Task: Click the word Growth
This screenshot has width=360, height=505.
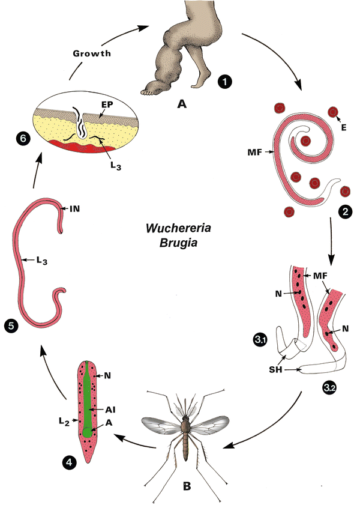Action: pyautogui.click(x=92, y=52)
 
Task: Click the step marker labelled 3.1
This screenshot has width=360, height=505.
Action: pyautogui.click(x=260, y=340)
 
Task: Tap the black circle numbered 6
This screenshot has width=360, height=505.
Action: pyautogui.click(x=23, y=139)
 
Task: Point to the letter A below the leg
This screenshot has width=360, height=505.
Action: pyautogui.click(x=182, y=103)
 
